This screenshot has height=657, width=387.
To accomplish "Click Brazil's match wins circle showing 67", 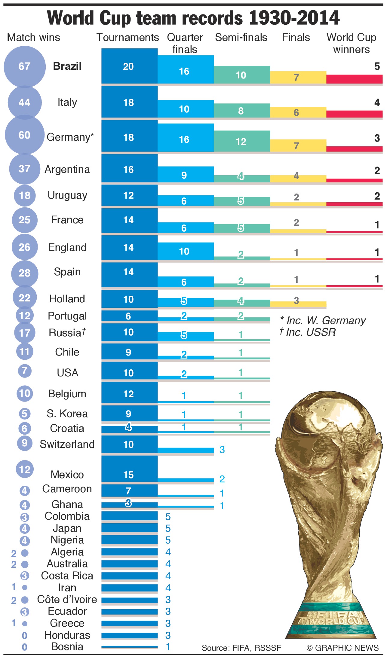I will tap(25, 66).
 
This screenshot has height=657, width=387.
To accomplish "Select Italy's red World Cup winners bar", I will tap(354, 114).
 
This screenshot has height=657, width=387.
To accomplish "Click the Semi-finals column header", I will tap(241, 38).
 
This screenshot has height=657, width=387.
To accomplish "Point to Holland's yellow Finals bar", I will tap(298, 304).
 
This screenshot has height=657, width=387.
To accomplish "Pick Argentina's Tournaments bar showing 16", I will tap(129, 169).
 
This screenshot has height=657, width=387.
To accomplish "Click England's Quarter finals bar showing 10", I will tap(186, 251).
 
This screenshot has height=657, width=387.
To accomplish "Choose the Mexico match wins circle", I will tap(25, 469).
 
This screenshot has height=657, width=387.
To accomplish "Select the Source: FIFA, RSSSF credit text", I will tap(241, 648).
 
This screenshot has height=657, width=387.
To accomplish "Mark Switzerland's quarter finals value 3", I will tap(222, 450).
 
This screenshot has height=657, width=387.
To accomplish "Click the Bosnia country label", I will tap(67, 646).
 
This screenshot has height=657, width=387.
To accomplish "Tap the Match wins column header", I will tap(33, 38).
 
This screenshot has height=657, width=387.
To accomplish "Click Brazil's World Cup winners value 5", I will tap(377, 66).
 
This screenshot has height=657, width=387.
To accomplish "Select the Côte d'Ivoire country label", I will tap(67, 599).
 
